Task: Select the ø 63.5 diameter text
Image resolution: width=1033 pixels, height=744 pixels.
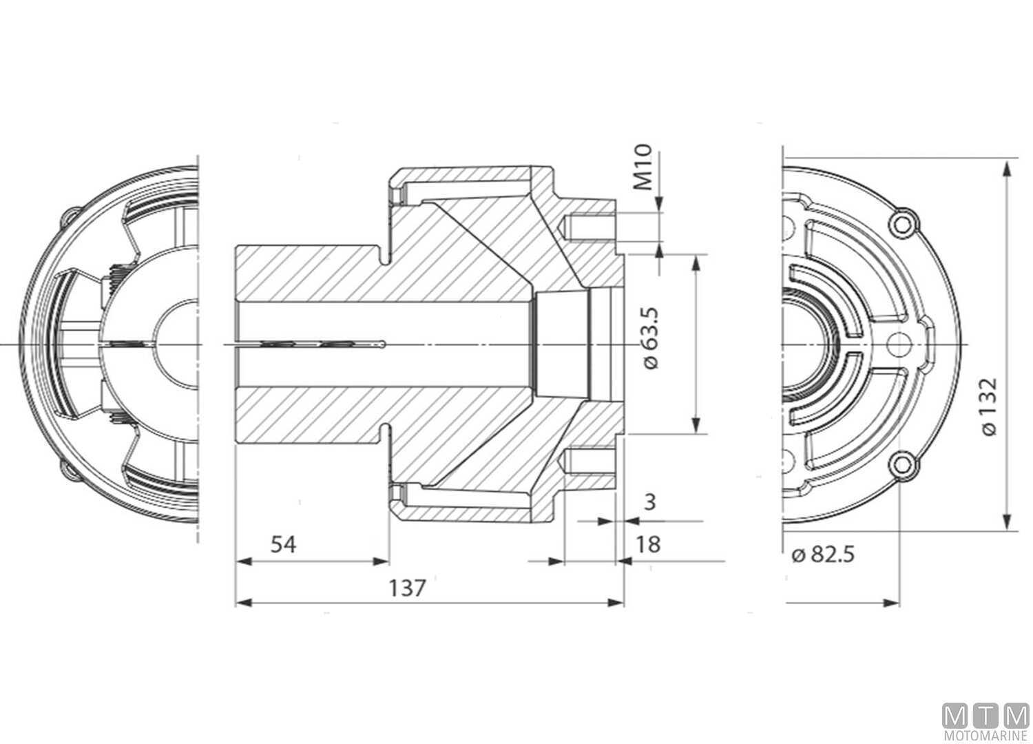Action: [652, 338]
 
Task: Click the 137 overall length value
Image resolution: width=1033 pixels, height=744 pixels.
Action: [408, 588]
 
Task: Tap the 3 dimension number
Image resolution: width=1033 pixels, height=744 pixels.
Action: [648, 502]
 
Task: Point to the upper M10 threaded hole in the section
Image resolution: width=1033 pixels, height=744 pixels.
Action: [589, 226]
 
